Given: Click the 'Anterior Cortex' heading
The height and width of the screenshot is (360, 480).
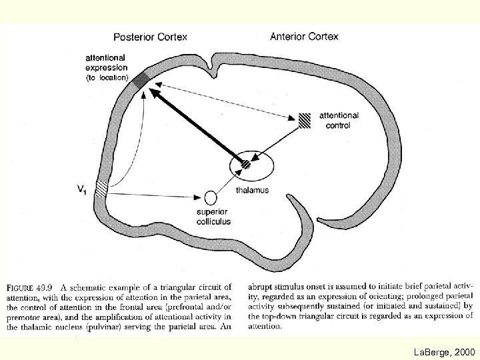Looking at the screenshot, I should (x=304, y=36).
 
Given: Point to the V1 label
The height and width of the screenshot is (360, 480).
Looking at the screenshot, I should (x=81, y=191).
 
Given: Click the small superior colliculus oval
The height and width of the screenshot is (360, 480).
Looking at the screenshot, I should (x=211, y=197).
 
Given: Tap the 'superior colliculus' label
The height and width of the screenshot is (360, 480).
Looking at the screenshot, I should (x=213, y=217).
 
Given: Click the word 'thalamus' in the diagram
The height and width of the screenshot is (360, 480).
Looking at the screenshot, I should (x=253, y=190).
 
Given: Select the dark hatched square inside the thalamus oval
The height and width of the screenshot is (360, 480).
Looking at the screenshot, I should (x=246, y=163).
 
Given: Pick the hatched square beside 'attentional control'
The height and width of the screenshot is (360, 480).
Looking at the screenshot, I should (x=304, y=119).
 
